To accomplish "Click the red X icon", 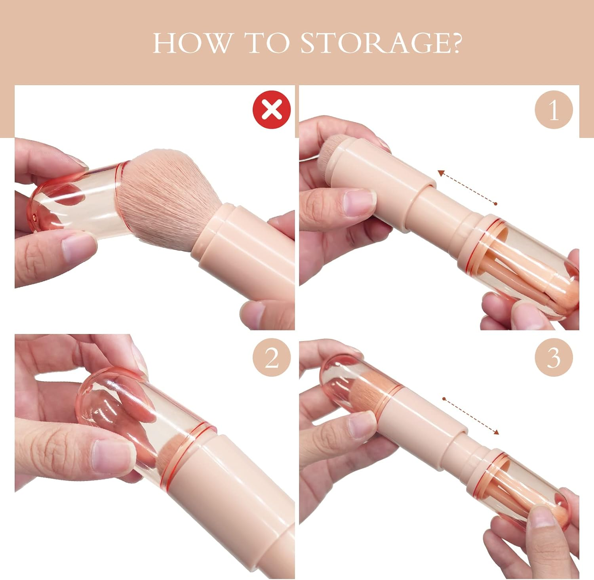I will [272, 109].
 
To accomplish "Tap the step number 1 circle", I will [554, 109].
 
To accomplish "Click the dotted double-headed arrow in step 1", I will [467, 187].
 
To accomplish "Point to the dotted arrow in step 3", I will [470, 416].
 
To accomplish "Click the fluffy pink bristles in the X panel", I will [170, 190].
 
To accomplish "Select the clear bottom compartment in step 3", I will [527, 491].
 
